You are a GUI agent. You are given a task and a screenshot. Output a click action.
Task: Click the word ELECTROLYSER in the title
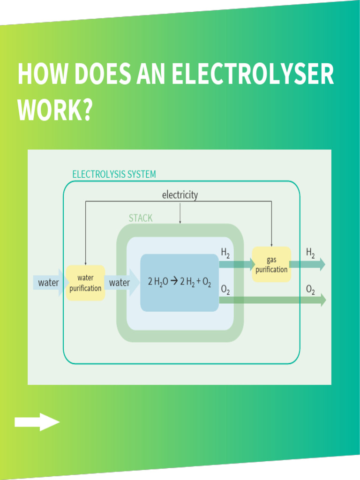(253, 75)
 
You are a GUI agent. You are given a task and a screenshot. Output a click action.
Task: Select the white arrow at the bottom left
(37, 422)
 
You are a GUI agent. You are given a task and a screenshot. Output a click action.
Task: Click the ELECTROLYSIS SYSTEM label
(114, 174)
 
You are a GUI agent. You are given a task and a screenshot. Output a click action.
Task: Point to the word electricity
(180, 195)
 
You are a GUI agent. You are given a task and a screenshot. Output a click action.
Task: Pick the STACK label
(141, 218)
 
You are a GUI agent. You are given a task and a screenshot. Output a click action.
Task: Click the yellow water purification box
(85, 283)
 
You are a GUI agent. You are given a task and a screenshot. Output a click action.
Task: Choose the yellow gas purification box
(271, 265)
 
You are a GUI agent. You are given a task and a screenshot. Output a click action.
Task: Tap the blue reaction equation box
(180, 283)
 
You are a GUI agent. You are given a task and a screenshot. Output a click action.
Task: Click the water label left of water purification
(48, 283)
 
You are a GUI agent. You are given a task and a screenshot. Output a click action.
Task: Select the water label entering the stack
(120, 283)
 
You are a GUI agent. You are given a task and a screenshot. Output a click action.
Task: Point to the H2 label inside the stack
(225, 253)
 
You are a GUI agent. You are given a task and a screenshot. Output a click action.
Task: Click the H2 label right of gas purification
(310, 253)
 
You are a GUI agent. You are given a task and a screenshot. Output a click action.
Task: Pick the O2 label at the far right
(310, 289)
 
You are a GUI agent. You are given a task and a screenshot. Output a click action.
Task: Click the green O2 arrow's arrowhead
(322, 300)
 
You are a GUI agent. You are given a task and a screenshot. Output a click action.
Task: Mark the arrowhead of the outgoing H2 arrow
(322, 264)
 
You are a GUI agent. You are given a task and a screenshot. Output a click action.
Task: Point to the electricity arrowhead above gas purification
(271, 245)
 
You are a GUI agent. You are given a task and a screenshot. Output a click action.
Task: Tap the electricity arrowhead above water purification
(85, 263)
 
